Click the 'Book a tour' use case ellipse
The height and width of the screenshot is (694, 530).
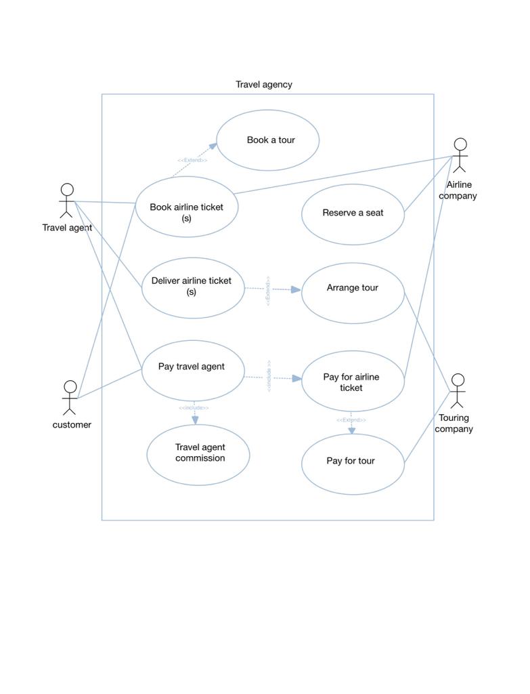click(x=267, y=140)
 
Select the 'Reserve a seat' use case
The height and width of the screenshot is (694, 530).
click(x=353, y=213)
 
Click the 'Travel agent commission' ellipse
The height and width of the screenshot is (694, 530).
click(x=198, y=455)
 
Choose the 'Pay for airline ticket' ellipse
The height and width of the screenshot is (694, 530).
click(x=352, y=382)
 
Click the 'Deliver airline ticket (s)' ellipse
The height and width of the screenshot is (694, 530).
click(x=193, y=287)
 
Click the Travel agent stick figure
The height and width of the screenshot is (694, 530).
click(x=66, y=201)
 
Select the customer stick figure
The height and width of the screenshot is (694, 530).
click(x=70, y=398)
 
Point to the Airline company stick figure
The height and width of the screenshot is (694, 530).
click(x=460, y=156)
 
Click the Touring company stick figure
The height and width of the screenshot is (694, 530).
click(x=458, y=391)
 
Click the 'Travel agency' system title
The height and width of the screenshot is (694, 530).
click(x=264, y=85)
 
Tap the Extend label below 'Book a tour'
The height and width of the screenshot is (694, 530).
click(x=192, y=161)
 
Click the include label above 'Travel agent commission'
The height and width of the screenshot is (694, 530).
click(x=194, y=408)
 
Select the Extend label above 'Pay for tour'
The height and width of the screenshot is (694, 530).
click(x=351, y=420)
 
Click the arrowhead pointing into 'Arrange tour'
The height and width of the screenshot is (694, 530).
click(x=296, y=290)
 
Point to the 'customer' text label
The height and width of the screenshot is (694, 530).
click(x=72, y=425)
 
